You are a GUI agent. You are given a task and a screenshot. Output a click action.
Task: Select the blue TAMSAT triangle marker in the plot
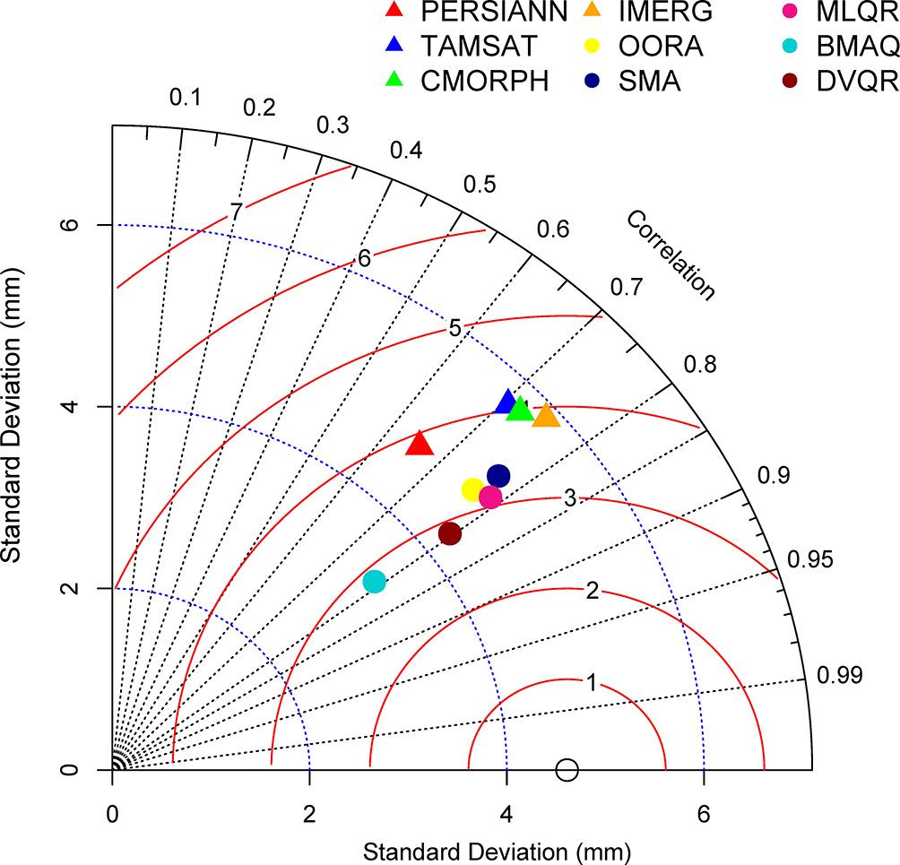pyautogui.click(x=507, y=402)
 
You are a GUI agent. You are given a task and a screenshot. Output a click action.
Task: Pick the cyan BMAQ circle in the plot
pyautogui.click(x=375, y=582)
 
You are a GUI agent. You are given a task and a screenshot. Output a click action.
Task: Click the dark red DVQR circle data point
pyautogui.click(x=450, y=534)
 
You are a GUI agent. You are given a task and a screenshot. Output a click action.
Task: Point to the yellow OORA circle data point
pyautogui.click(x=472, y=489)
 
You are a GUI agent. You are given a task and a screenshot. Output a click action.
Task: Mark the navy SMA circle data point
pyautogui.click(x=498, y=475)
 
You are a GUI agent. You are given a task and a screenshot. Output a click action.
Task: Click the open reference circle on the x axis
pyautogui.click(x=567, y=769)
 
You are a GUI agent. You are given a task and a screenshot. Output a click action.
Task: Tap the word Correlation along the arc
pyautogui.click(x=671, y=255)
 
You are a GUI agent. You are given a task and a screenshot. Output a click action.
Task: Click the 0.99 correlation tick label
pyautogui.click(x=839, y=675)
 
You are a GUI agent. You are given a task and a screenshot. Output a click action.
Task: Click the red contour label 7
pyautogui.click(x=235, y=212)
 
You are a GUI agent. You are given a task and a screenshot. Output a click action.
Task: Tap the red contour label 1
pyautogui.click(x=591, y=683)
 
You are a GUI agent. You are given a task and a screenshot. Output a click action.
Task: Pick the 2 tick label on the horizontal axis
pyautogui.click(x=309, y=815)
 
